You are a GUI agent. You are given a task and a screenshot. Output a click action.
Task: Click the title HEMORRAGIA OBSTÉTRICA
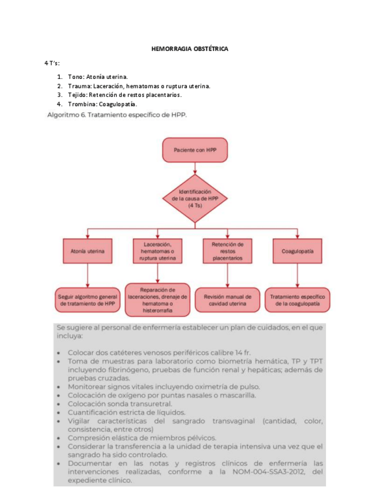[190, 49]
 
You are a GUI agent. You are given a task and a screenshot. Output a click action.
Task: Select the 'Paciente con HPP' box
[194, 150]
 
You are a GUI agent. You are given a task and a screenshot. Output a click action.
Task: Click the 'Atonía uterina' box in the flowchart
[87, 252]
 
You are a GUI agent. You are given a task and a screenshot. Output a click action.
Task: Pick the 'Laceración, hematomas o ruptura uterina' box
[157, 251]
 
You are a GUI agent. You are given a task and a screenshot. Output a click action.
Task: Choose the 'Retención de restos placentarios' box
[227, 251]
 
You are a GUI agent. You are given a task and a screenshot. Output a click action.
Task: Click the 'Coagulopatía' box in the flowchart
[297, 252]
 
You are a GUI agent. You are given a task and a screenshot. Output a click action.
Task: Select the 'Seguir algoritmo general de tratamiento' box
[87, 299]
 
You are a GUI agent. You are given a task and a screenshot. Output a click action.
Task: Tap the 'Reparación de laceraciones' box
[158, 300]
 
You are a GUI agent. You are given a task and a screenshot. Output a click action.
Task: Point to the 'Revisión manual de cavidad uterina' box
[227, 299]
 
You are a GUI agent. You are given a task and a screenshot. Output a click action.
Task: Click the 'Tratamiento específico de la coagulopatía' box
[297, 299]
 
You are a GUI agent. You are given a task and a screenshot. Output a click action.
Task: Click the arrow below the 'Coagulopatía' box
[297, 276]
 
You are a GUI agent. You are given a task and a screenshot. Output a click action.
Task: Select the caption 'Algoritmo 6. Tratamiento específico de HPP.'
[117, 115]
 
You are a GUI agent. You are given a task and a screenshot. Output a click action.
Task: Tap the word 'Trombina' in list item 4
[81, 104]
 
